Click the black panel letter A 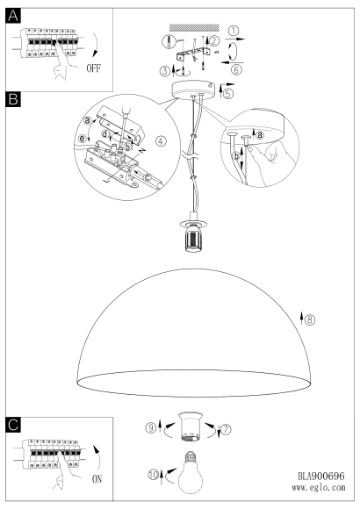coord(13,16)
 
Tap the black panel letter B coord(13,99)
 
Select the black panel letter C coord(13,425)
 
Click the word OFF coord(94,68)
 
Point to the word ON coord(97,479)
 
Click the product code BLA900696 coord(321,476)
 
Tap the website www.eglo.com coord(319,487)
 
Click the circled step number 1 coord(234,32)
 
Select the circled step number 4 coord(161,141)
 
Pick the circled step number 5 coord(228,94)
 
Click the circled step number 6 coord(236,69)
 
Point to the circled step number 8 coord(310,319)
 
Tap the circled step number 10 coord(154,475)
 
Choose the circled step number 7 coord(227,429)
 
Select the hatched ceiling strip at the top coord(194,27)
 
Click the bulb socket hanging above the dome coord(194,232)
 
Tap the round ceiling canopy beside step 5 coord(194,90)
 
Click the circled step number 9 coord(150,428)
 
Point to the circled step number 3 coord(165,71)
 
